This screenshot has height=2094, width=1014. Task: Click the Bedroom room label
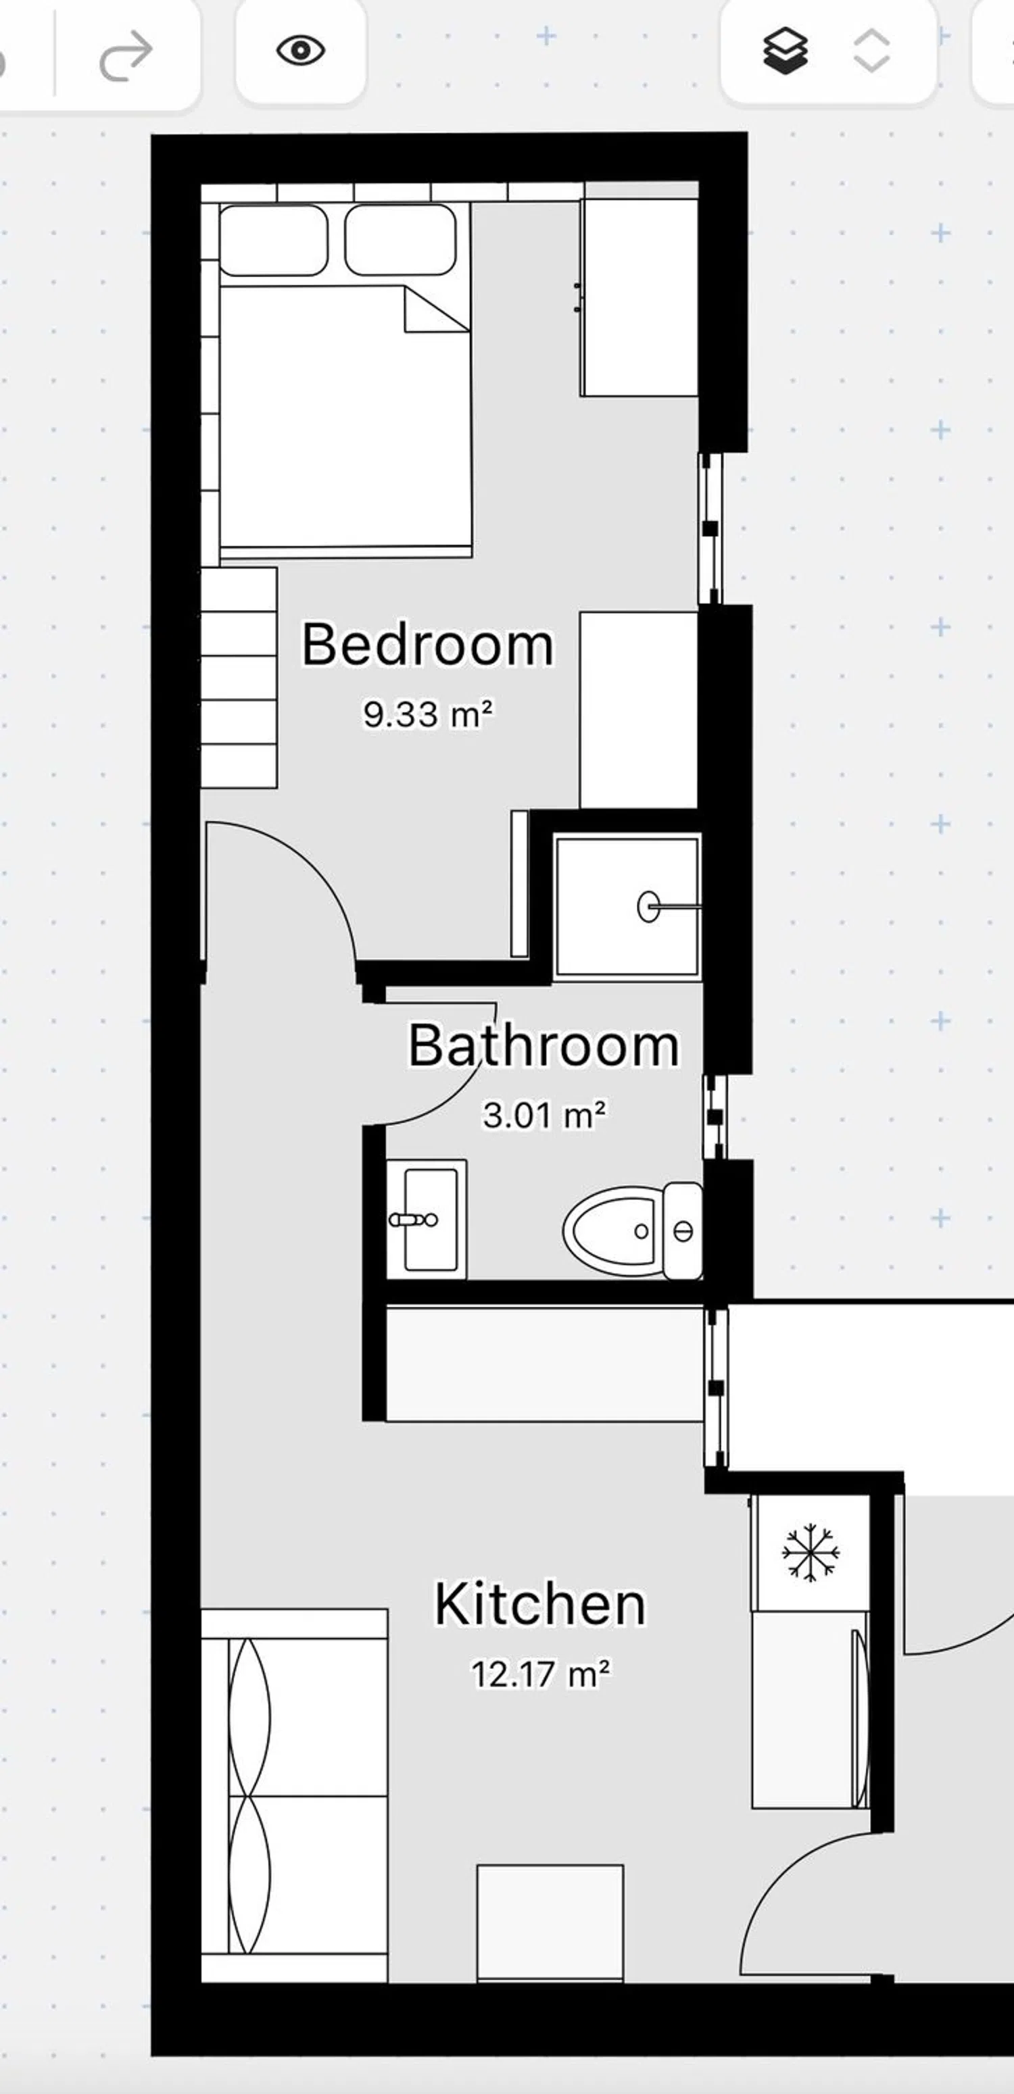click(428, 645)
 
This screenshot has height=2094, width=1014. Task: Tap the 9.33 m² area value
click(428, 714)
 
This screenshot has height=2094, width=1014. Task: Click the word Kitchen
click(540, 1604)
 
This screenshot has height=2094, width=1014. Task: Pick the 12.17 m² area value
click(541, 1674)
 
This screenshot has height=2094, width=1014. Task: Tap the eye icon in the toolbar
click(300, 51)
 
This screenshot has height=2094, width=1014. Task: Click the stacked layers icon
click(786, 51)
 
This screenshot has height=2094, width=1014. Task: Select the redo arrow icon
click(126, 56)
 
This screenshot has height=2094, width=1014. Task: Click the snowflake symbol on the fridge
click(810, 1553)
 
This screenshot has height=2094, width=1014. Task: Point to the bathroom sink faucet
click(413, 1220)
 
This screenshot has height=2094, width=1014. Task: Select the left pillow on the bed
click(274, 241)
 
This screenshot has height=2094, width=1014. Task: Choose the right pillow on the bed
click(400, 241)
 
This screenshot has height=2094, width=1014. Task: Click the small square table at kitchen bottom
click(550, 1922)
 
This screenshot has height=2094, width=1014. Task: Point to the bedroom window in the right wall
click(710, 528)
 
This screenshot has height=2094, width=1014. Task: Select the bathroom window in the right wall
click(715, 1117)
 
